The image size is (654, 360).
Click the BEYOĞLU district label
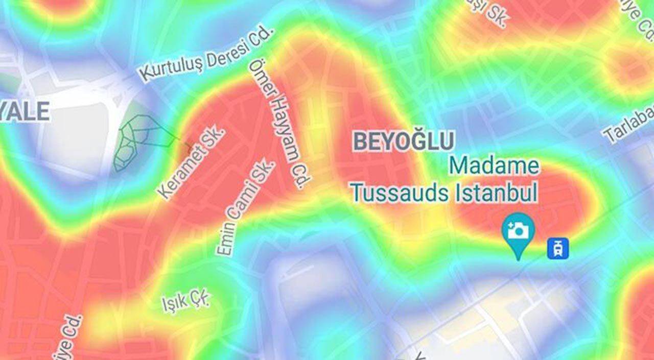pos(404,141)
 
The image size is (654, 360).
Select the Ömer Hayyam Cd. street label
pos(280,124)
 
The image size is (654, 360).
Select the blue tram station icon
pos(558,248)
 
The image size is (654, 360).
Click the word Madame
pos(495,166)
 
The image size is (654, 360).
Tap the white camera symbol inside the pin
pos(518,230)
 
